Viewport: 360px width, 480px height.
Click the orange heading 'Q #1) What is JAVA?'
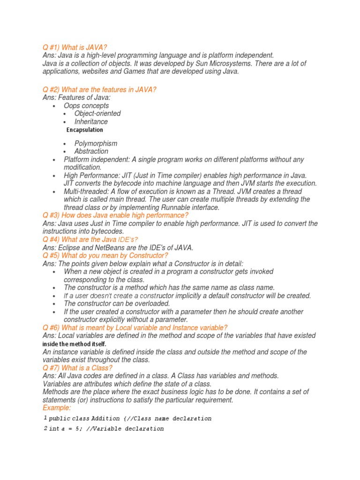pyautogui.click(x=75, y=47)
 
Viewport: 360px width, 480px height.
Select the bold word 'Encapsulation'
pyautogui.click(x=85, y=130)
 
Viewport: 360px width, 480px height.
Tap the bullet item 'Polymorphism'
pyautogui.click(x=96, y=143)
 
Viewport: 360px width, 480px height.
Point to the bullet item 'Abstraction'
pyautogui.click(x=91, y=151)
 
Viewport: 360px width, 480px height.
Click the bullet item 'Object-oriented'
pyautogui.click(x=97, y=113)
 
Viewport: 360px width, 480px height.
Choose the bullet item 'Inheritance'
pyautogui.click(x=91, y=121)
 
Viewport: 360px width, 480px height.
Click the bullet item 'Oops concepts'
pyautogui.click(x=86, y=105)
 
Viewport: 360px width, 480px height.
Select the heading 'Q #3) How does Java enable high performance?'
pyautogui.click(x=115, y=215)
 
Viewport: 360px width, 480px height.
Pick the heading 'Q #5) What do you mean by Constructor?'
pyautogui.click(x=105, y=255)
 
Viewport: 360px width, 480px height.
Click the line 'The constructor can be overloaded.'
pyautogui.click(x=117, y=304)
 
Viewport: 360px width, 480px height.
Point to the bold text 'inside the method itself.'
pyautogui.click(x=75, y=344)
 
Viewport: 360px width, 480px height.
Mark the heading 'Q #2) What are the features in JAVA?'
pyautogui.click(x=99, y=90)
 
